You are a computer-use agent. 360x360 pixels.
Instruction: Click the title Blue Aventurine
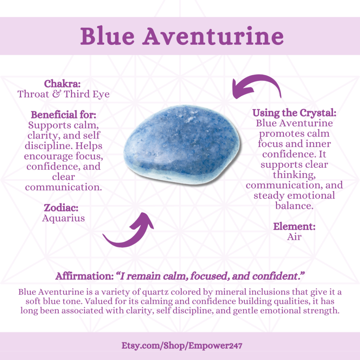click(182, 36)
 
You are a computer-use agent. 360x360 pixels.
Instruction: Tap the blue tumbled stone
click(182, 144)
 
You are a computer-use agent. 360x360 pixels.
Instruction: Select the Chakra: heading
click(62, 84)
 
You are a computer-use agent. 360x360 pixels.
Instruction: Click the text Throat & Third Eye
click(63, 94)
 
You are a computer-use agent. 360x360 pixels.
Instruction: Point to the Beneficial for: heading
click(63, 115)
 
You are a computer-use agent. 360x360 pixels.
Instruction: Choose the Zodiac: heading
click(61, 208)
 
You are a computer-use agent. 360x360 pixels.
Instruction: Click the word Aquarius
click(63, 218)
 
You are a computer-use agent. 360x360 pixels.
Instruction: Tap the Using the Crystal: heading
click(294, 113)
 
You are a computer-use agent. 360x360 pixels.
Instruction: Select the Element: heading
click(294, 227)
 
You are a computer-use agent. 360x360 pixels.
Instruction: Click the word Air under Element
click(294, 237)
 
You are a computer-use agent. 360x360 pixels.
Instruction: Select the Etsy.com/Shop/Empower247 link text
click(182, 346)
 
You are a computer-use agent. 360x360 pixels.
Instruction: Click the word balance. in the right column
click(294, 206)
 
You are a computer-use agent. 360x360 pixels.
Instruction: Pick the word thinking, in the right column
click(294, 175)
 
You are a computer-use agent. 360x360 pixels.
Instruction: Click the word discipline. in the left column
click(49, 146)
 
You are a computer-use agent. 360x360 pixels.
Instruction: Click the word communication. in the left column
click(63, 187)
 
